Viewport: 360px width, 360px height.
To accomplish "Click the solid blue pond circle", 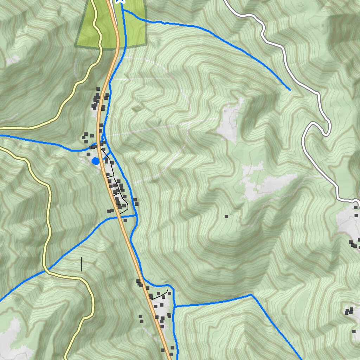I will (x=95, y=161).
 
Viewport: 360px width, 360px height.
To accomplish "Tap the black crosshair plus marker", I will (x=81, y=264).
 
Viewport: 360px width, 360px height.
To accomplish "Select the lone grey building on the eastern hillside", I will (x=226, y=217).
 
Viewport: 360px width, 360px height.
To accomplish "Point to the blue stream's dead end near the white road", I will (x=290, y=90).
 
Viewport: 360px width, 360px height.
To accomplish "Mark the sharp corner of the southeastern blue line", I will (x=251, y=295).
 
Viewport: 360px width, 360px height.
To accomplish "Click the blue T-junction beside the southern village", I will (x=174, y=307).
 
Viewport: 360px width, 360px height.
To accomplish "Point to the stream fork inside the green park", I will (x=123, y=11).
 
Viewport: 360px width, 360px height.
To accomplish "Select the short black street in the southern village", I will (x=159, y=295).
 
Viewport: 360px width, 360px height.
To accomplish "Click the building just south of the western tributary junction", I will (x=125, y=220).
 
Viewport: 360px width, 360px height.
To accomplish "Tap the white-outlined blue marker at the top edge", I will (x=120, y=1).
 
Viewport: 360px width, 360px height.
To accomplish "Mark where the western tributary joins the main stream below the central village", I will (x=136, y=216).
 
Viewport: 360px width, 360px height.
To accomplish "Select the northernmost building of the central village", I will (x=98, y=89).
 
